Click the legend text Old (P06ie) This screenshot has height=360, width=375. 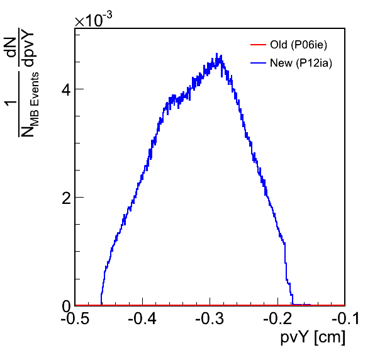[x=298, y=45]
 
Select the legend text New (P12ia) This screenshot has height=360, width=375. [x=301, y=63]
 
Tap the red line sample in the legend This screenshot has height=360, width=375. [x=258, y=45]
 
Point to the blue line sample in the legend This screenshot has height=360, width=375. [x=258, y=63]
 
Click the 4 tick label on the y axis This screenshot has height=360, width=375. [x=66, y=90]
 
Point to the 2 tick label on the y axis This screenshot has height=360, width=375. [x=66, y=198]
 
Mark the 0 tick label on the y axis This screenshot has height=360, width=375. [x=66, y=307]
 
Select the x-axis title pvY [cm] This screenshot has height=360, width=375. [x=313, y=337]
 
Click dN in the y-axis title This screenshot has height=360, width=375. [x=11, y=47]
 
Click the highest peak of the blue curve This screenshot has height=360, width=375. [x=216, y=53]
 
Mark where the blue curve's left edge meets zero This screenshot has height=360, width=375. [x=101, y=305]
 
